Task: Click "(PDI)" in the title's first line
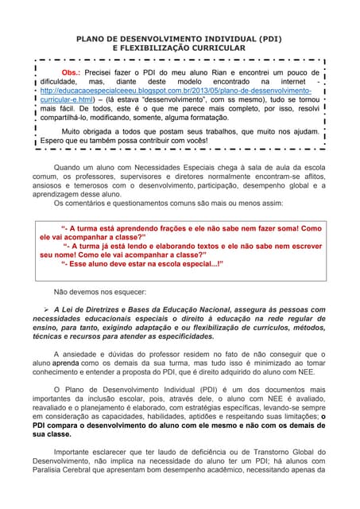tap(266, 38)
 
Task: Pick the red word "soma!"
tap(284, 227)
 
